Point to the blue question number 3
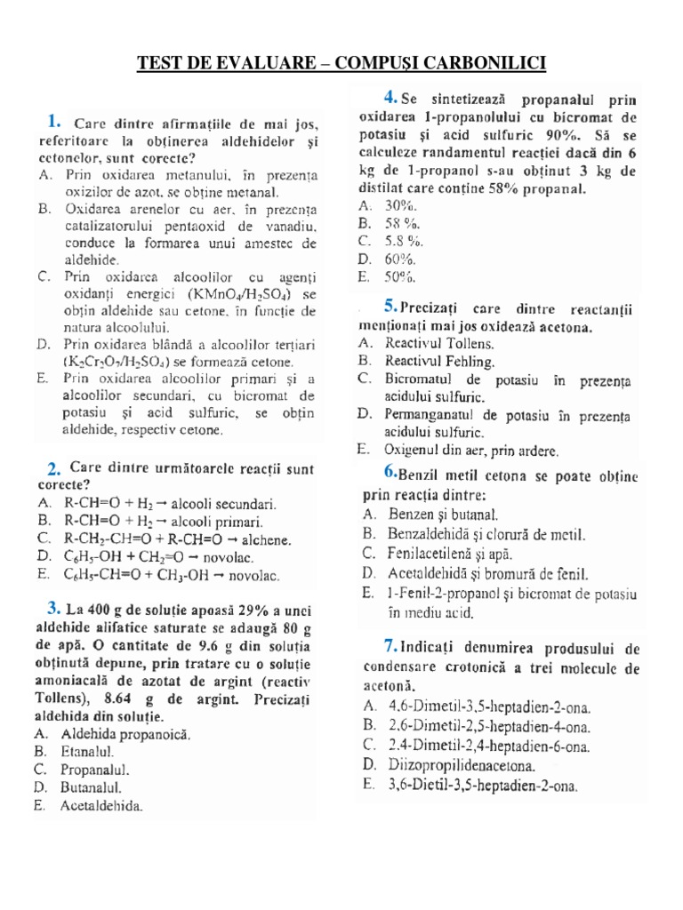(53, 608)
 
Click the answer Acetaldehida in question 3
(101, 806)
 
